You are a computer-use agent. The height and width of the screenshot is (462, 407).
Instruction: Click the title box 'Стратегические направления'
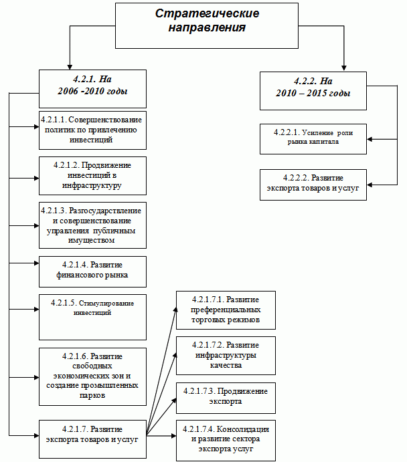(207, 25)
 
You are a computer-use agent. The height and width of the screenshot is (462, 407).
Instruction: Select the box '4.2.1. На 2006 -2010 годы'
(92, 89)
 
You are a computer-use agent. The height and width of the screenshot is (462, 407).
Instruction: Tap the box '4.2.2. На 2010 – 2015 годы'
(313, 91)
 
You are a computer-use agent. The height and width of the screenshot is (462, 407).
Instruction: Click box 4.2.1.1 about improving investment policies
(92, 130)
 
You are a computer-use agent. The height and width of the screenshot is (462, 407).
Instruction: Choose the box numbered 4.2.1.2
(92, 176)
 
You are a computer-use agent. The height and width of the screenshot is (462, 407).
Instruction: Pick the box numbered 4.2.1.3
(92, 225)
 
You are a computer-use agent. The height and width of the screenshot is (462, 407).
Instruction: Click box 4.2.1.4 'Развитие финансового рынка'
(92, 271)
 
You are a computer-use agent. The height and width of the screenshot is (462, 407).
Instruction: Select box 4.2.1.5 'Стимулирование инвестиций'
(92, 317)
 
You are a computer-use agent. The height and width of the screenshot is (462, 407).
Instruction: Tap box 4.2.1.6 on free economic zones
(92, 376)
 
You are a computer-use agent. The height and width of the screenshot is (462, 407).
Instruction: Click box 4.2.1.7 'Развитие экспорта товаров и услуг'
(92, 439)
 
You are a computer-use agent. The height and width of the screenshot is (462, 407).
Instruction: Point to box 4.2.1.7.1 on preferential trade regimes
(226, 310)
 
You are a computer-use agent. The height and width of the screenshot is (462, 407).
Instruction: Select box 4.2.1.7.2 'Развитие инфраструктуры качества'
(226, 355)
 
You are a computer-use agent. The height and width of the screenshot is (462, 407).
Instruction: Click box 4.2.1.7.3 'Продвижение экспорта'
(226, 398)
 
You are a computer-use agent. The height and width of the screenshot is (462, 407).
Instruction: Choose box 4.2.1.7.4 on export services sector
(226, 441)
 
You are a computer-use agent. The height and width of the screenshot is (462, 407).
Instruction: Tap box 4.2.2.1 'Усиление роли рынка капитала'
(313, 139)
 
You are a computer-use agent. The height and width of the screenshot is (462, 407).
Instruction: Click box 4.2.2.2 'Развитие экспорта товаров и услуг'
(313, 185)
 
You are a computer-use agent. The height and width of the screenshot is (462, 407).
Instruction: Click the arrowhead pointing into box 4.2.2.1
(370, 139)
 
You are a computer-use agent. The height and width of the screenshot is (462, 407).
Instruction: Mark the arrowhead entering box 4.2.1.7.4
(174, 435)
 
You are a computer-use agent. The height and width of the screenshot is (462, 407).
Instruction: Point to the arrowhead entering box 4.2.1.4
(37, 263)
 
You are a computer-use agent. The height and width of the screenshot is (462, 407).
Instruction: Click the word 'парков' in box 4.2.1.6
(92, 395)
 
